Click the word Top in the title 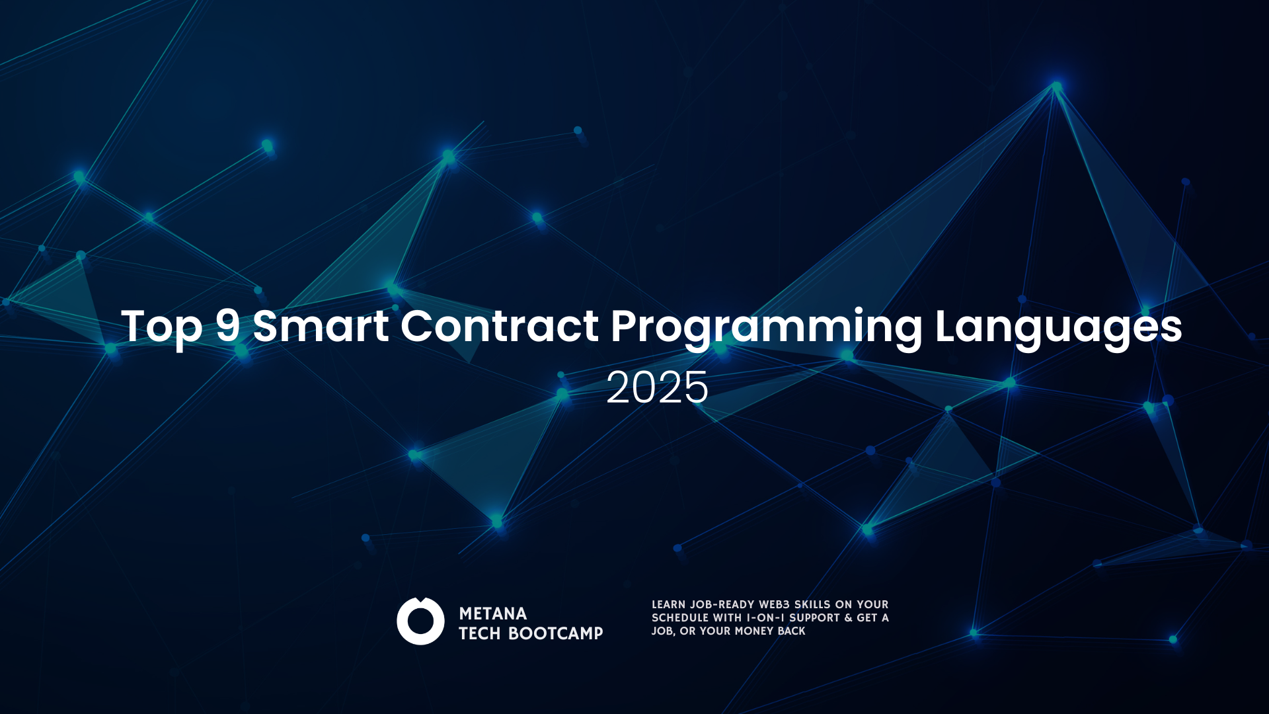click(x=161, y=327)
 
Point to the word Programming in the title click(x=766, y=327)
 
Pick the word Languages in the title click(x=1058, y=327)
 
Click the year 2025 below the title click(x=657, y=387)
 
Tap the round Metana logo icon click(x=420, y=621)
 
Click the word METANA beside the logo click(x=493, y=614)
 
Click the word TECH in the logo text click(x=480, y=633)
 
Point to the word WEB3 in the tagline click(x=774, y=604)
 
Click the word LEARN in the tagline click(x=668, y=604)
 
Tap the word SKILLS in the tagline click(x=815, y=604)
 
